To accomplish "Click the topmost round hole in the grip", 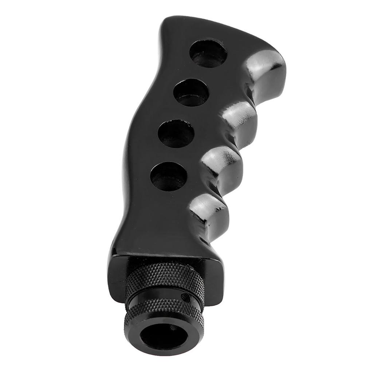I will pos(208,54).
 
